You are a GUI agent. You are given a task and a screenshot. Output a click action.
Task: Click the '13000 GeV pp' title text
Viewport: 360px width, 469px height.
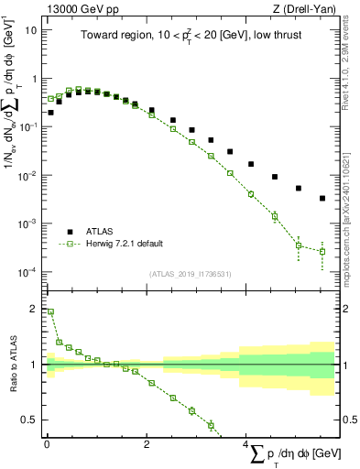[76, 7]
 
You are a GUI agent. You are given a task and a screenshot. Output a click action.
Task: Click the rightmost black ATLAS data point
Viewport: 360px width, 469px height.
[322, 198]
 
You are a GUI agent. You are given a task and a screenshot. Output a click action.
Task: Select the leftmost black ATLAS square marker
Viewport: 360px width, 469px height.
[50, 112]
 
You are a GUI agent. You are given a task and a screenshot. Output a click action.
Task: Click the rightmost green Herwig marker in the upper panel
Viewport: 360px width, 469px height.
[322, 252]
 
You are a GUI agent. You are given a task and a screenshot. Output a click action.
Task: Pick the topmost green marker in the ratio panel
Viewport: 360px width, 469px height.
[50, 311]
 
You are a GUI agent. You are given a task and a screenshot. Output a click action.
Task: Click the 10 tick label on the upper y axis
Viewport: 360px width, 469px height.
[30, 29]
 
